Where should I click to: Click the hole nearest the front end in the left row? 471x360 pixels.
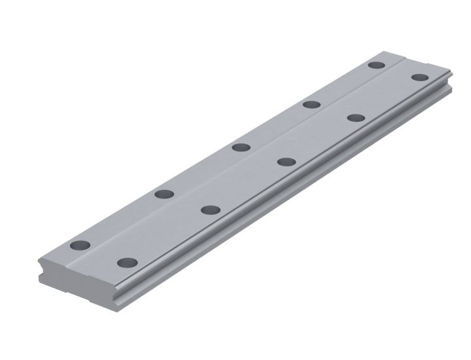tap(80, 245)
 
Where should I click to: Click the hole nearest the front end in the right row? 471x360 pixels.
tap(127, 262)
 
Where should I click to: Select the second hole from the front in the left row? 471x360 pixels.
tap(164, 194)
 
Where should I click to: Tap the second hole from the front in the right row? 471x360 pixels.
tap(210, 209)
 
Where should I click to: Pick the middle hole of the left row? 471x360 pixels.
tap(241, 147)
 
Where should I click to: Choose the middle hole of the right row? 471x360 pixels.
tap(285, 162)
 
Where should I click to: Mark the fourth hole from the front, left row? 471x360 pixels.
tap(311, 104)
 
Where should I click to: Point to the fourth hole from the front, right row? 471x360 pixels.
tap(356, 118)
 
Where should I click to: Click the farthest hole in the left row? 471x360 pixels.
tap(375, 65)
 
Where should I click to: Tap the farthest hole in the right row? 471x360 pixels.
tap(419, 78)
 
